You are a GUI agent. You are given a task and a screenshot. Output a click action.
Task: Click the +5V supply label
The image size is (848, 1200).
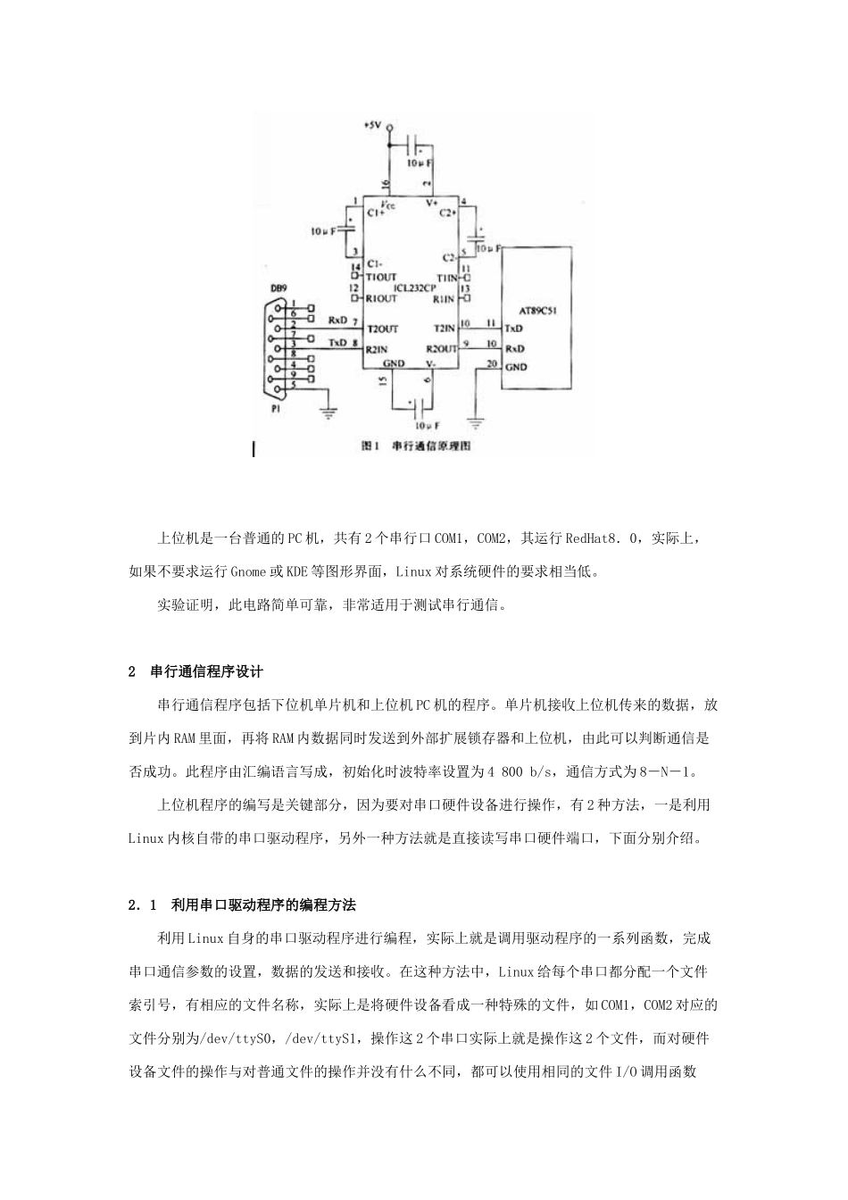click(x=372, y=126)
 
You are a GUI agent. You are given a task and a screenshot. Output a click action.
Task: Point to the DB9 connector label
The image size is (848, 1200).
click(x=279, y=288)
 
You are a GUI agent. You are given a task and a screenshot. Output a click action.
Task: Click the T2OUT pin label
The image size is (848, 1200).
click(x=381, y=329)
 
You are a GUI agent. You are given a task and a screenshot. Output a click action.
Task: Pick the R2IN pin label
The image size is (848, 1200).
click(x=376, y=348)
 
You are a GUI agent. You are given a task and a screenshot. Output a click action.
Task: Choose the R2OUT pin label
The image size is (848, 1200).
click(x=441, y=348)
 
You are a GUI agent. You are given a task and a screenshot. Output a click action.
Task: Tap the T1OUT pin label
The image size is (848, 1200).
click(x=381, y=277)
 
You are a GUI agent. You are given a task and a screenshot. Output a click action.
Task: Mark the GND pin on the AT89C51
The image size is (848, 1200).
click(x=516, y=367)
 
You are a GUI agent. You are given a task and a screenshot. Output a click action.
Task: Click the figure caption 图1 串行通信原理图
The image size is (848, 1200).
click(x=415, y=446)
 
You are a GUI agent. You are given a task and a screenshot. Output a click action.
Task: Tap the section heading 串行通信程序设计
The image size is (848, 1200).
click(x=206, y=671)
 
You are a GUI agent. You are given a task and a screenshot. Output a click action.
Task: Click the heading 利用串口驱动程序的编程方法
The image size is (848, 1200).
click(x=263, y=904)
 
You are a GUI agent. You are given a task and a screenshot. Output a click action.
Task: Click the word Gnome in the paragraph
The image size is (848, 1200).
click(x=248, y=571)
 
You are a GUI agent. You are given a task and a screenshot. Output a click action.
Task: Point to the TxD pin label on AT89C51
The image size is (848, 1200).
click(x=514, y=329)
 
